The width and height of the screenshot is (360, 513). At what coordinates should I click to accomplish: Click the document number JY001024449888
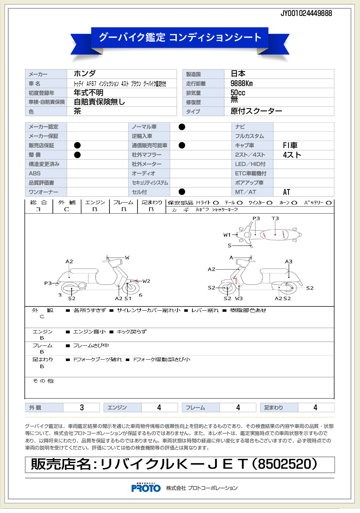[x=306, y=13]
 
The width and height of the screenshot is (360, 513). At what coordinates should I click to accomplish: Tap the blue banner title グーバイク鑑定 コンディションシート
[x=180, y=37]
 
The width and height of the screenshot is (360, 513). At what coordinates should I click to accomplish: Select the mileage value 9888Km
[x=242, y=84]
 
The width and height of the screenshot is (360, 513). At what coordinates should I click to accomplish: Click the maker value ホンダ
[x=85, y=74]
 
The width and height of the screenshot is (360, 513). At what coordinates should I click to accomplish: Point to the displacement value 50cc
[x=238, y=92]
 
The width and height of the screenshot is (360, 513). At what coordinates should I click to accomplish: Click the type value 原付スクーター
[x=256, y=111]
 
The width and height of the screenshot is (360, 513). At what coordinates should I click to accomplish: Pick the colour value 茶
[x=77, y=111]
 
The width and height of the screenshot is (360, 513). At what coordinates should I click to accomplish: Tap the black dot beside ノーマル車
[x=182, y=127]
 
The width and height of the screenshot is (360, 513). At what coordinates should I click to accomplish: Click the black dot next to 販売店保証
[x=77, y=145]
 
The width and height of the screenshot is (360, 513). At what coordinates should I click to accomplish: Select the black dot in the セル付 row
[x=182, y=192]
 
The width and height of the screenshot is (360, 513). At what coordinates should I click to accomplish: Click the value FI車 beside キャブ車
[x=290, y=145]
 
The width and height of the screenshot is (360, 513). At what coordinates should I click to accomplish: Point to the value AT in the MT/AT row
[x=286, y=192]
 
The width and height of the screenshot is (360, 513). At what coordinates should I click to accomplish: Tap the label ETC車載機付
[x=251, y=174]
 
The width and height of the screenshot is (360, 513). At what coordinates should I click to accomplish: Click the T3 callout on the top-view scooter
[x=275, y=219]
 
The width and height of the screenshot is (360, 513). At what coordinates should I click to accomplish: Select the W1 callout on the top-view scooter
[x=227, y=235]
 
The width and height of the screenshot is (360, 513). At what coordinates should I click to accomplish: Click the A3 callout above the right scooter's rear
[x=288, y=261]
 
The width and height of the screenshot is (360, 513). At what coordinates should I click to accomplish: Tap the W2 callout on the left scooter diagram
[x=146, y=281]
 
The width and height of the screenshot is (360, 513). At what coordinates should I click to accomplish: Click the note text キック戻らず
[x=131, y=332]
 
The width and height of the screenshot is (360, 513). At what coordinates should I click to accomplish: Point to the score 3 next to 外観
[x=82, y=407]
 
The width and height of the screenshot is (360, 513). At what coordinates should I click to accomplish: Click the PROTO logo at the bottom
[x=146, y=488]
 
